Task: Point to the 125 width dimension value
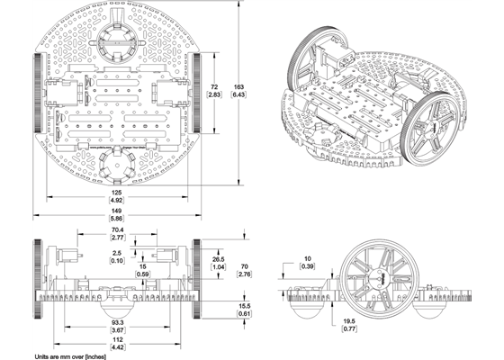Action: (x=117, y=192)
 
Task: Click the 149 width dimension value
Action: (x=117, y=210)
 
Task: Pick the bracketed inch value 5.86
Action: (x=117, y=218)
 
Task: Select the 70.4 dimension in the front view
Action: (x=117, y=230)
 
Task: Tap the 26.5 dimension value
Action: (x=219, y=258)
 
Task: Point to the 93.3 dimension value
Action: (x=117, y=322)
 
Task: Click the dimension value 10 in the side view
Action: (x=306, y=259)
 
